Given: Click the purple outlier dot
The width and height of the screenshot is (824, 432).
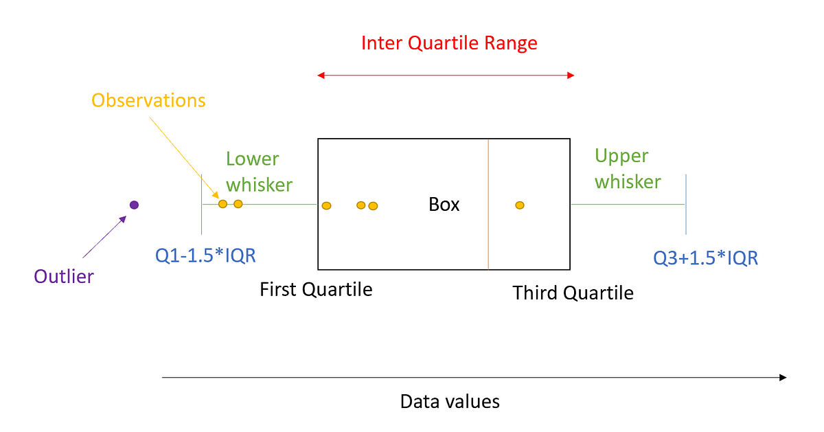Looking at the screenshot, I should [135, 205].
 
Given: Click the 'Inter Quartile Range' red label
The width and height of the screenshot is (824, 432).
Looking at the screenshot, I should [449, 43].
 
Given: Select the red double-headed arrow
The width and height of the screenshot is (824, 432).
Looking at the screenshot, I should [446, 75].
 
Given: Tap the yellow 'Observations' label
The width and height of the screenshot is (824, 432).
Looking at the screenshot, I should [148, 100].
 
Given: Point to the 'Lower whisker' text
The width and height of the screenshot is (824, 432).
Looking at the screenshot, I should [259, 171].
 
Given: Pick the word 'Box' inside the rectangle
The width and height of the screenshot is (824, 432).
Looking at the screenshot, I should [444, 204].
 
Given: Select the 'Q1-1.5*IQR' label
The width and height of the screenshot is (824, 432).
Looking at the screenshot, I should [205, 255].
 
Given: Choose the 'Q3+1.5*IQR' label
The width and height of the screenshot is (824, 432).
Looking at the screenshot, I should [705, 258].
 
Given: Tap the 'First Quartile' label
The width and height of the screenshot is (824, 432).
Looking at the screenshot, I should [316, 289].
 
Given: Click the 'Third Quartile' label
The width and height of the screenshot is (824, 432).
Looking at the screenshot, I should [573, 293].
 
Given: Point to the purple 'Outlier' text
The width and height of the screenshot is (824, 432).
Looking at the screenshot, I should [64, 277].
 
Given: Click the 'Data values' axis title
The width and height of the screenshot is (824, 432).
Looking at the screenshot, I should [450, 401].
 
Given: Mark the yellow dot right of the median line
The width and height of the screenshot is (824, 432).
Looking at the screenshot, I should [520, 205].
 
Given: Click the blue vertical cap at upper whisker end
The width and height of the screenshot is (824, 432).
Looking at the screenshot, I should [685, 204].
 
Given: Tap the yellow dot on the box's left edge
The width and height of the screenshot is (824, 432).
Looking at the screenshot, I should [326, 205].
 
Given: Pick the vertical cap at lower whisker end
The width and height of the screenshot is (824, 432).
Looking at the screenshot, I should [202, 203].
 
